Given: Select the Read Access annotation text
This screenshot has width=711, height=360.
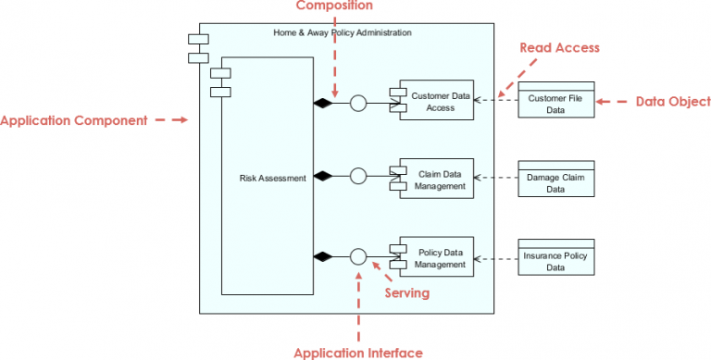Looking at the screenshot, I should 559,48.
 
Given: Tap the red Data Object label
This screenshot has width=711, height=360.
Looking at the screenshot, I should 673,102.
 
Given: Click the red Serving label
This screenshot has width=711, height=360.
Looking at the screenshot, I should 407,293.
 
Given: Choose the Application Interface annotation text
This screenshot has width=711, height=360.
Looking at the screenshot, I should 358,353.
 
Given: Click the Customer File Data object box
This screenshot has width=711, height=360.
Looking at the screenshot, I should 555,103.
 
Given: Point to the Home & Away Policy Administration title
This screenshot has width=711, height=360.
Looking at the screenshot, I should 343,33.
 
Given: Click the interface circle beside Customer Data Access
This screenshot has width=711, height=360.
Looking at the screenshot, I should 358,103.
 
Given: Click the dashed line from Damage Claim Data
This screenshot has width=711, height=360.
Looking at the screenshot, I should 496,177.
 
